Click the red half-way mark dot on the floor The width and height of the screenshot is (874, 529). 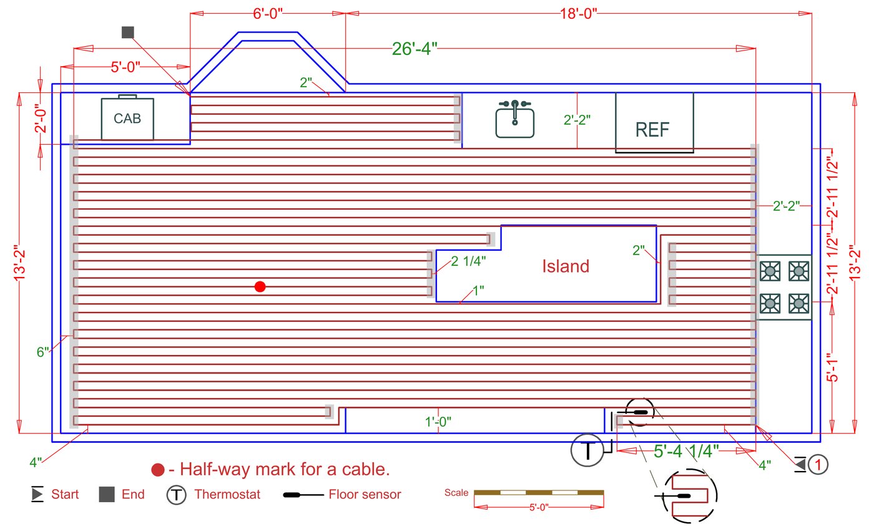pyautogui.click(x=260, y=286)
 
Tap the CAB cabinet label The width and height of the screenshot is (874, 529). pyautogui.click(x=127, y=118)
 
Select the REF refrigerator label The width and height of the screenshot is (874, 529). pyautogui.click(x=652, y=129)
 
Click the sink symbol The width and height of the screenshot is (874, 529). pyautogui.click(x=515, y=119)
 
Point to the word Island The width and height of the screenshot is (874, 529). pyautogui.click(x=565, y=266)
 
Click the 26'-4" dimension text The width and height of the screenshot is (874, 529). pyautogui.click(x=415, y=49)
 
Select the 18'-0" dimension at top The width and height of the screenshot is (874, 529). pyautogui.click(x=578, y=12)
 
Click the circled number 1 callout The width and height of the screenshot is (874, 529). pyautogui.click(x=818, y=464)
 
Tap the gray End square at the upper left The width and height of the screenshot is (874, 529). pyautogui.click(x=128, y=32)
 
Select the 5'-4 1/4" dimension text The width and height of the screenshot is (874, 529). pyautogui.click(x=686, y=450)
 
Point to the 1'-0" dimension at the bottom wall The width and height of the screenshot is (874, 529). pyautogui.click(x=438, y=422)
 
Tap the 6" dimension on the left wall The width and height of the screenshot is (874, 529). pyautogui.click(x=42, y=352)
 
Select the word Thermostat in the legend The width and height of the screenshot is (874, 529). pyautogui.click(x=227, y=495)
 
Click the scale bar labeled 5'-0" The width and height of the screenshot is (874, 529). pyautogui.click(x=539, y=493)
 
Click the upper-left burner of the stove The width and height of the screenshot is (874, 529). pyautogui.click(x=771, y=270)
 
